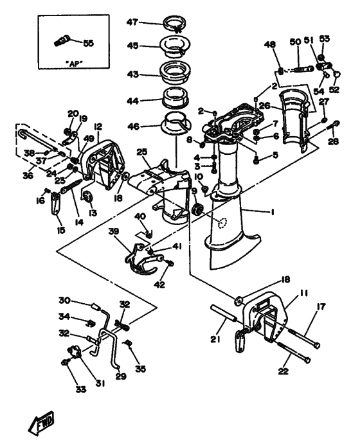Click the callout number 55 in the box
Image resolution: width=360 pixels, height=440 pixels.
coord(88,43)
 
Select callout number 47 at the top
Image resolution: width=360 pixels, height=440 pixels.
coord(132,22)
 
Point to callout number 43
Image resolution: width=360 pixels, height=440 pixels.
coord(132,75)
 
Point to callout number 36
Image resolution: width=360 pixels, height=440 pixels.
coord(27,174)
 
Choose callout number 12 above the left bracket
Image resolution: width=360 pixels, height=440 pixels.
coord(98,127)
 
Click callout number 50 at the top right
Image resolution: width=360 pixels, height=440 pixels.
coord(295,42)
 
